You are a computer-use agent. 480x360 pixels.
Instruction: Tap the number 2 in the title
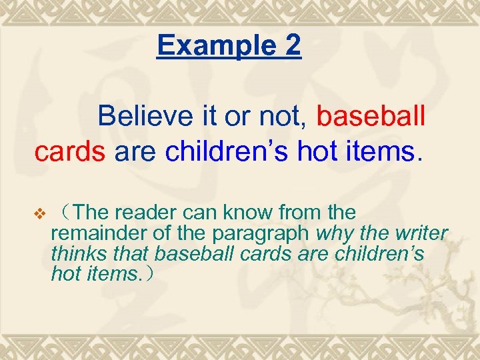pos(291,45)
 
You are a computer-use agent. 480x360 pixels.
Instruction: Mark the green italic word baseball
pos(194,254)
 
